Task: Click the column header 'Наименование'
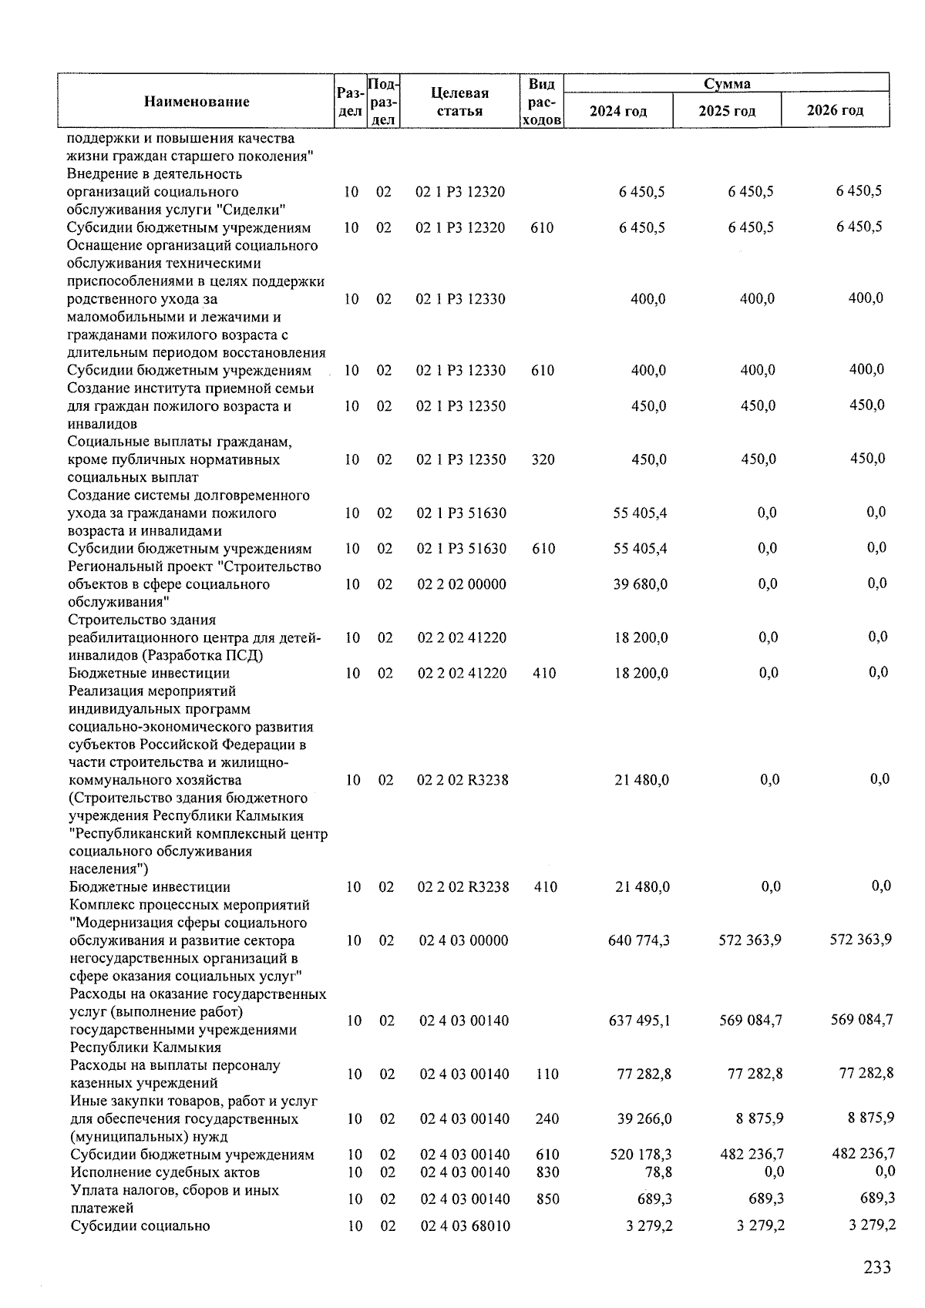click(196, 102)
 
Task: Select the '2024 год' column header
click(618, 111)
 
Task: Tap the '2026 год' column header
click(835, 109)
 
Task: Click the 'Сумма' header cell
click(727, 83)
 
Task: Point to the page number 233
click(876, 1267)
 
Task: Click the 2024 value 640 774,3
click(639, 940)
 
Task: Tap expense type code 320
click(543, 460)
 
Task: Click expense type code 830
click(547, 1172)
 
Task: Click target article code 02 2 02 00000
click(462, 584)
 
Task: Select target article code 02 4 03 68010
click(465, 1226)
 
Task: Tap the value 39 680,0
click(640, 584)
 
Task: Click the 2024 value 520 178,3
click(641, 1155)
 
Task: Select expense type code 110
click(547, 1074)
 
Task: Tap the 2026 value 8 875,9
click(866, 1118)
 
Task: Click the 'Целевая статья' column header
click(459, 102)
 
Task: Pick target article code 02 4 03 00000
click(464, 940)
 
